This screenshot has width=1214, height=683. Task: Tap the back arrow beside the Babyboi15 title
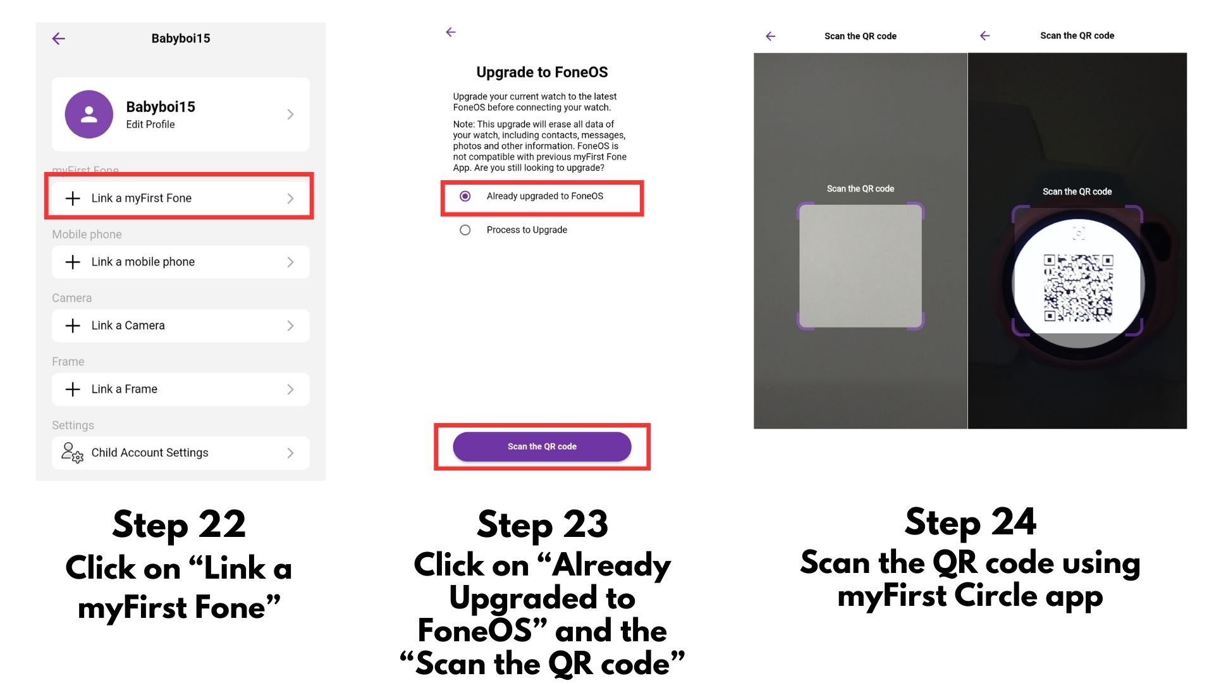click(59, 39)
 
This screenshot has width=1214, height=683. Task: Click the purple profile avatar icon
click(89, 114)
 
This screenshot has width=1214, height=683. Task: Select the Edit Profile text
click(150, 125)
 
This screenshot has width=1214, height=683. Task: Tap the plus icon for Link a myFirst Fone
click(73, 199)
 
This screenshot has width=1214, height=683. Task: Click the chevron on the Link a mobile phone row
click(290, 262)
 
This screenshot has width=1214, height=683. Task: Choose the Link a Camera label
click(128, 326)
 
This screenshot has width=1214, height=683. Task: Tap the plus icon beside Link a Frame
click(73, 390)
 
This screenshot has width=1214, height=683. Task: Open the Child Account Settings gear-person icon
click(72, 453)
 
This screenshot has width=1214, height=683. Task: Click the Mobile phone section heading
click(87, 235)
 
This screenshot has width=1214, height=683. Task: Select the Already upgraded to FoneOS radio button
click(465, 196)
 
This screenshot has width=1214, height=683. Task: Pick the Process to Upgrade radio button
click(465, 230)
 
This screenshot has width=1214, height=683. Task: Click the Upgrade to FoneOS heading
click(542, 72)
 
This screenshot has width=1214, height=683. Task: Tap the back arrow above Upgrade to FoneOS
click(451, 32)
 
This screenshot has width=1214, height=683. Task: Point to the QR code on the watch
click(1078, 288)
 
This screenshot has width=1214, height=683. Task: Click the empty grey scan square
click(861, 266)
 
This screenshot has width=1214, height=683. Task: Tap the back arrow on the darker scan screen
click(985, 36)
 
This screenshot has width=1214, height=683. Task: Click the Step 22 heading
click(179, 525)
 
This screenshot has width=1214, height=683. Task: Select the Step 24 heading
click(971, 522)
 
